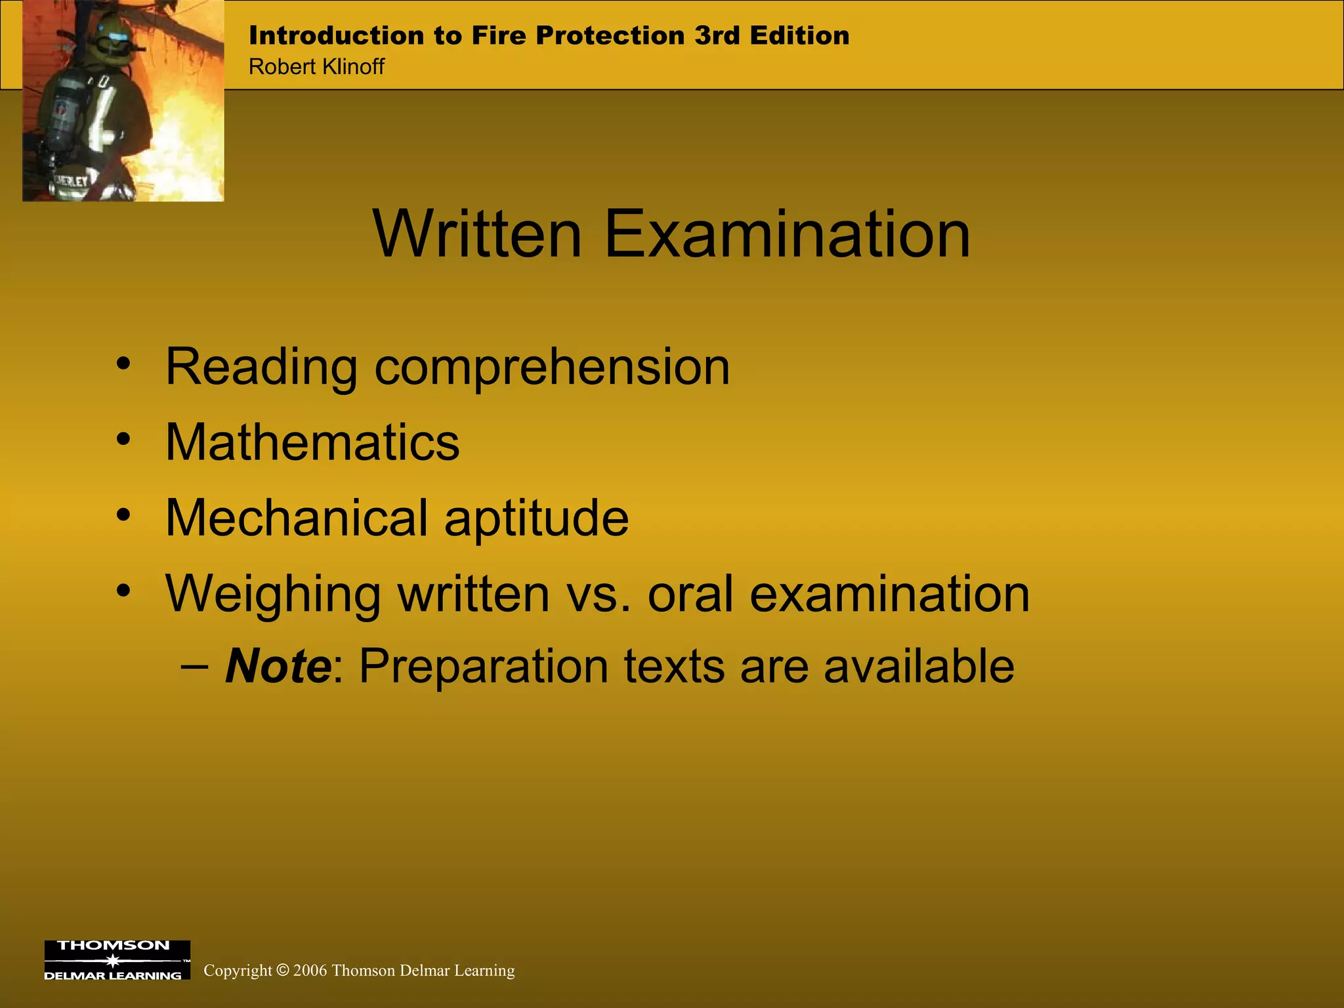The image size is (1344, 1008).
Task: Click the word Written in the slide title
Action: (477, 234)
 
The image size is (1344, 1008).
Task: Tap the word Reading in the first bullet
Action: (261, 367)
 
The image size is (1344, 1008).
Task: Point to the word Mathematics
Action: (312, 442)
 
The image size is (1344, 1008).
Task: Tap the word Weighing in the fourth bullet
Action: (273, 595)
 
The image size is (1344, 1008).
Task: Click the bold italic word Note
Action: (278, 667)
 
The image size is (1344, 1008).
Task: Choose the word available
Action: (919, 667)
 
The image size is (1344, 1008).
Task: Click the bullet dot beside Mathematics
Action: (123, 439)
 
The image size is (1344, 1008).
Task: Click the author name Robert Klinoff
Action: (316, 67)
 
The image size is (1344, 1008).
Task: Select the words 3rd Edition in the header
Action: (772, 35)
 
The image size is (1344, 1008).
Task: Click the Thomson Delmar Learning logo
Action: (117, 959)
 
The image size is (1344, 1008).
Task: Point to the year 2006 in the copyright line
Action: (310, 971)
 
